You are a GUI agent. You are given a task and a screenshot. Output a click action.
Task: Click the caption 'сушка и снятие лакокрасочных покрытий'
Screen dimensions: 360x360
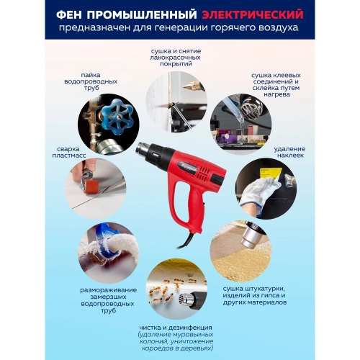tap(176, 57)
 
